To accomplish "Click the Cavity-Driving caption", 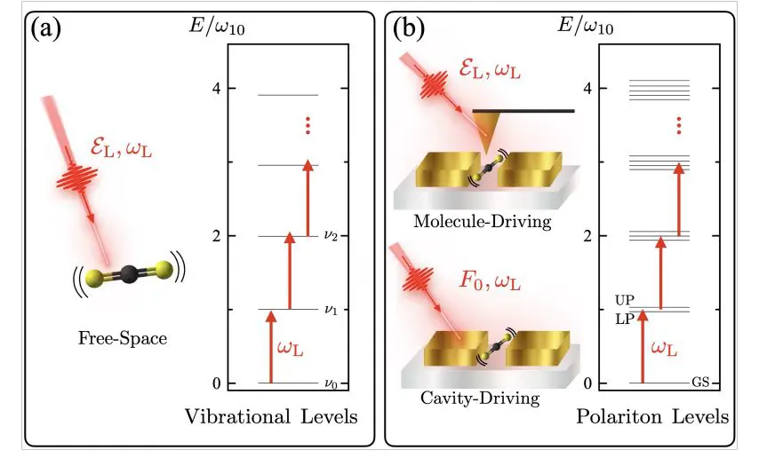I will click(480, 397).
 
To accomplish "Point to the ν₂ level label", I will click(329, 236).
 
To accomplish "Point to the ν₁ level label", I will click(329, 310).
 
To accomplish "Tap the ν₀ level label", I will click(329, 383).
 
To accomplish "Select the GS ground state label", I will click(700, 383).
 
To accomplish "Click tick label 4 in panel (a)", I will click(204, 89).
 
